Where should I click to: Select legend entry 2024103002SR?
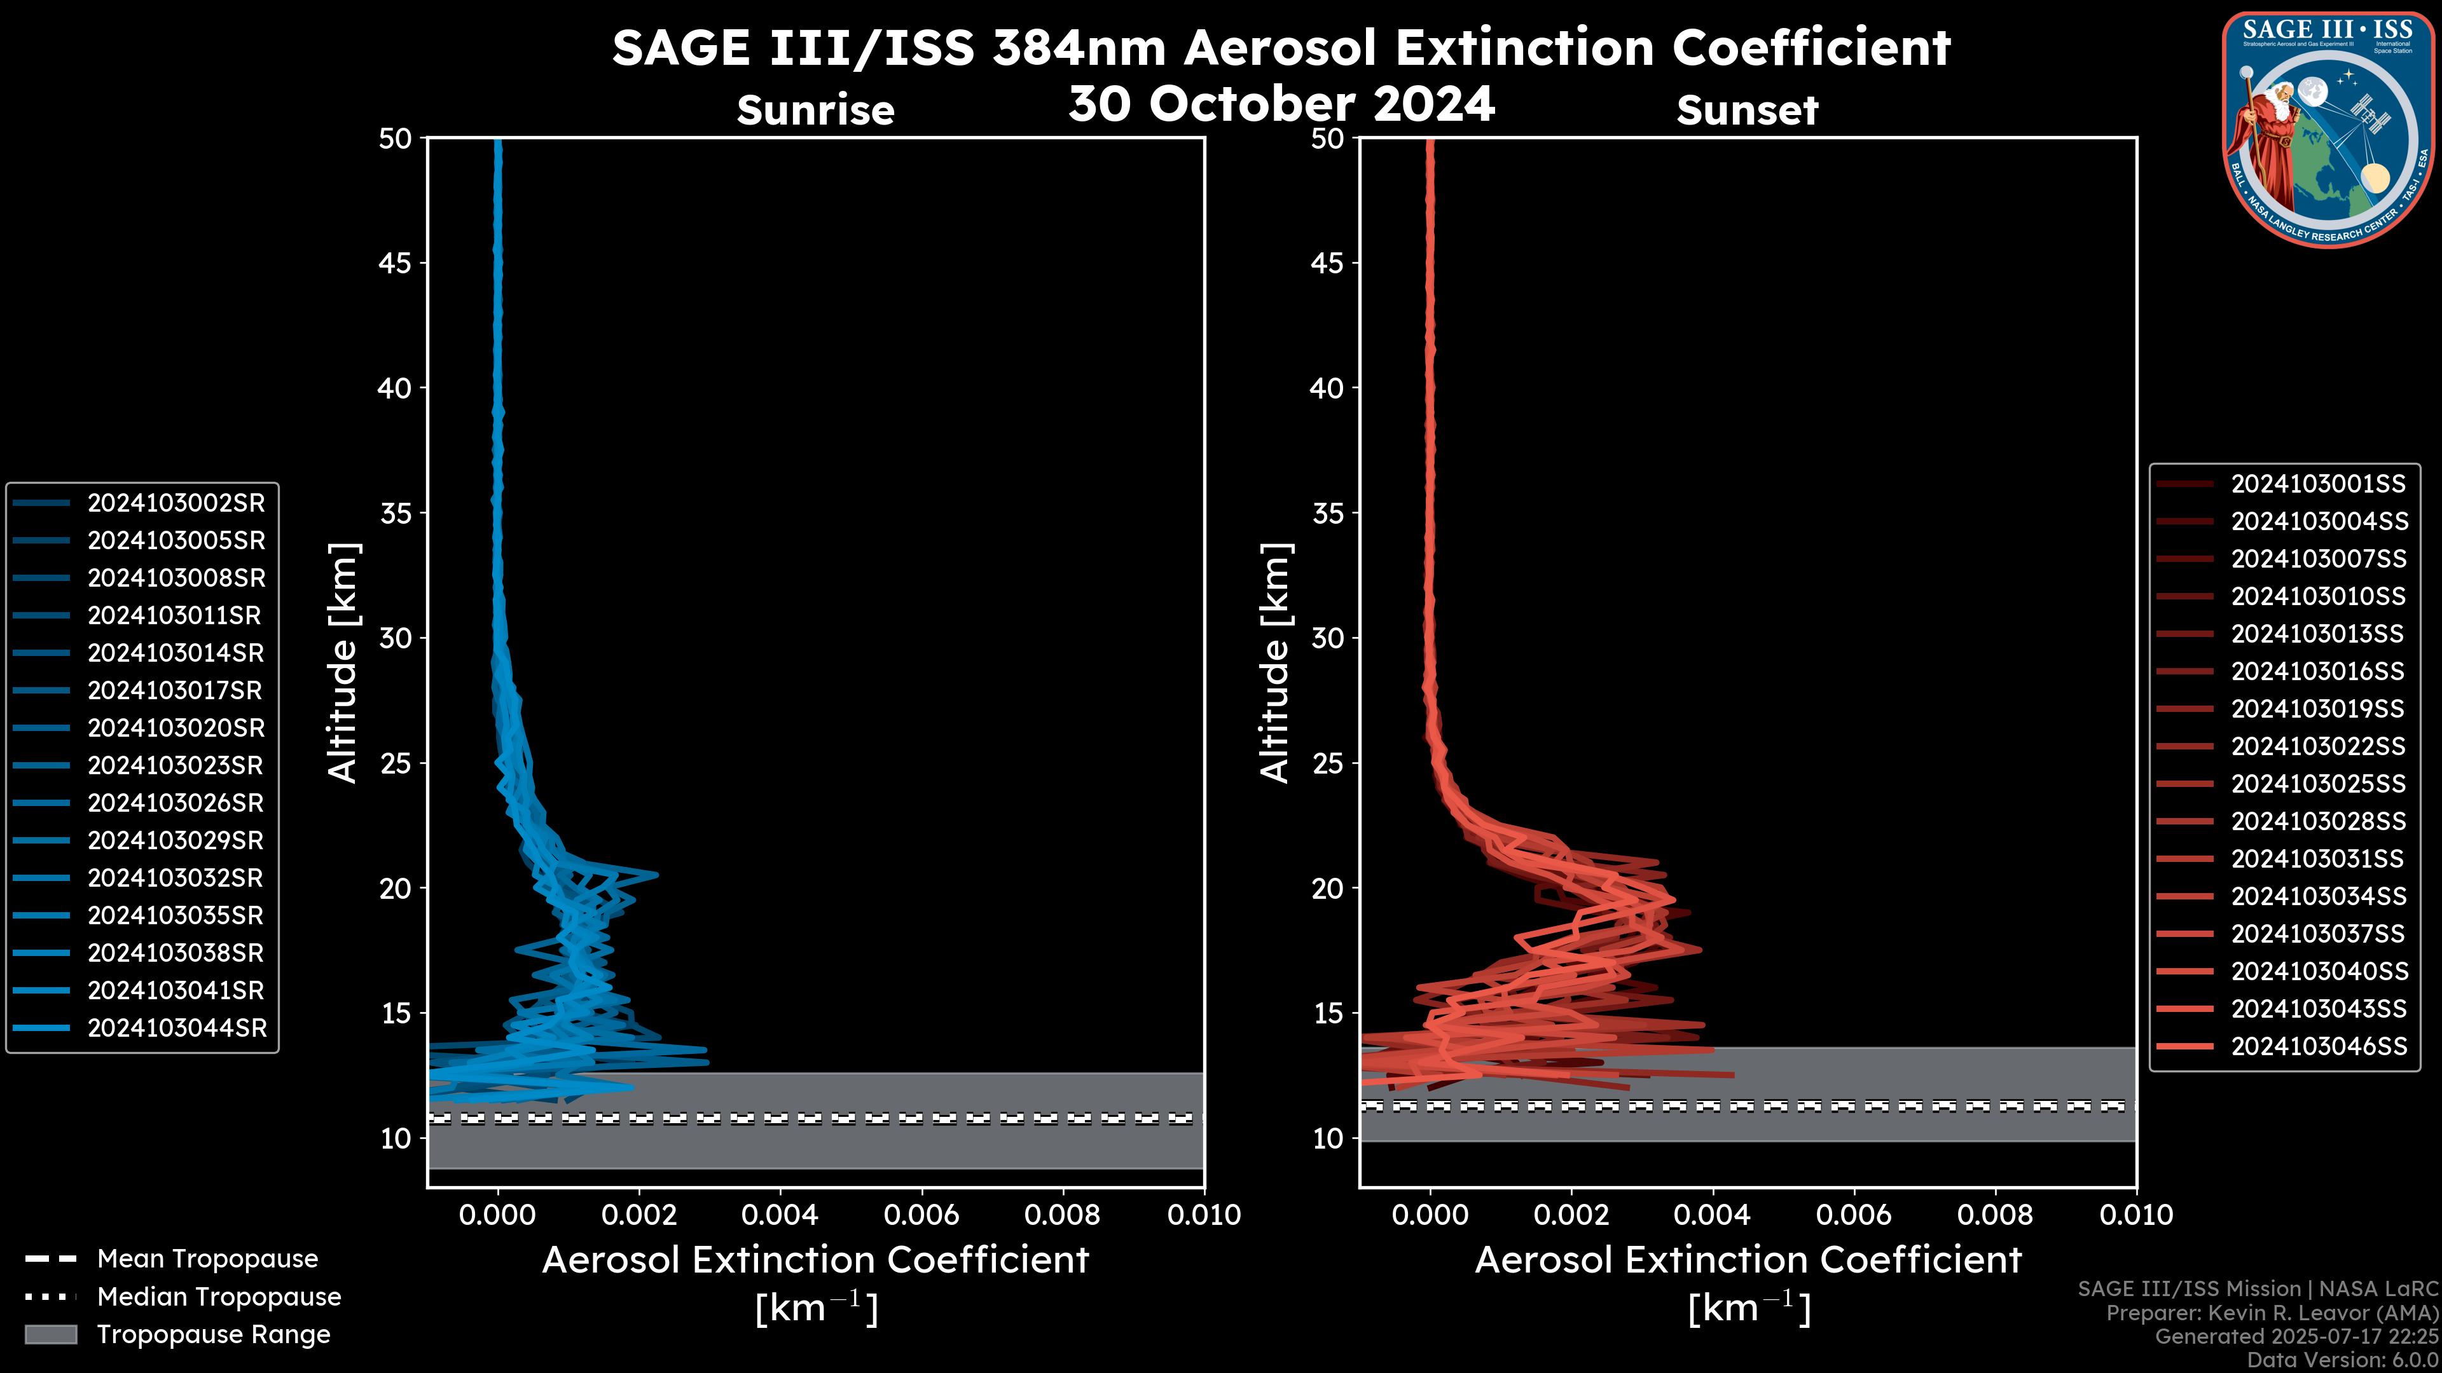click(176, 503)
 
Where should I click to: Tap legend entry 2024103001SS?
click(2318, 484)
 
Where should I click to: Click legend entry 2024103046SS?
click(2319, 1046)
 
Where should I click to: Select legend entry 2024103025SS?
click(2318, 784)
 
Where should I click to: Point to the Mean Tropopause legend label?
click(207, 1259)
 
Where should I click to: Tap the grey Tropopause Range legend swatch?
click(51, 1334)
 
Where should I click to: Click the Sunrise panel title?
click(815, 111)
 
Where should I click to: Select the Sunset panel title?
click(1747, 111)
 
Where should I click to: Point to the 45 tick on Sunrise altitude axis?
click(396, 263)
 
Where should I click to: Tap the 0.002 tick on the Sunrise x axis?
click(639, 1215)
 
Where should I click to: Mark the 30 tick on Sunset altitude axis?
click(1328, 639)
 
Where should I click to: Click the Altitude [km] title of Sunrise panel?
click(342, 663)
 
